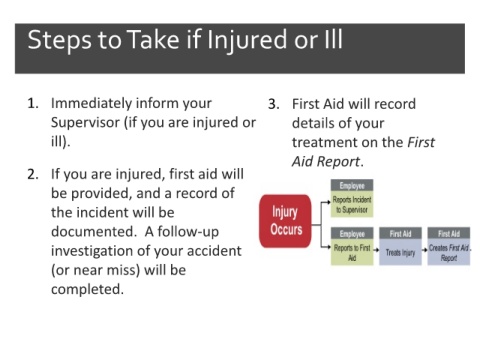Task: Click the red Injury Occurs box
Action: point(285,221)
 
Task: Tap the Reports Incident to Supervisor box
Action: point(352,198)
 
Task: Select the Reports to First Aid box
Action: point(352,246)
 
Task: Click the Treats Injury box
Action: point(400,246)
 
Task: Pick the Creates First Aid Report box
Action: point(449,246)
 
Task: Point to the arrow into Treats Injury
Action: point(376,250)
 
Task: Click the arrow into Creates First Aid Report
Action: point(424,250)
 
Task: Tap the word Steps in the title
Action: point(59,41)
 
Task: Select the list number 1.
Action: point(33,104)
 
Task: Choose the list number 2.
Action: point(33,174)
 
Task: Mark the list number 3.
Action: point(274,104)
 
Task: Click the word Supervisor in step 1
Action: point(85,123)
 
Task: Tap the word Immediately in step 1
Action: point(91,104)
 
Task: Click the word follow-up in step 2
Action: point(188,232)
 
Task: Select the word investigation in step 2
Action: point(91,251)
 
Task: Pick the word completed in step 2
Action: point(87,289)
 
